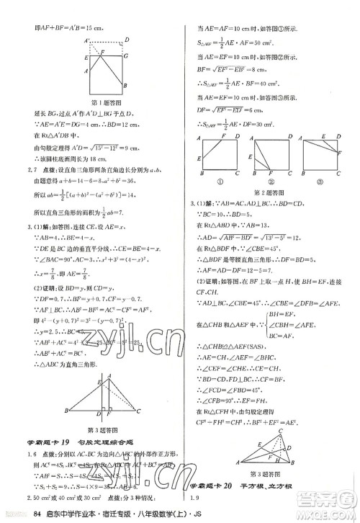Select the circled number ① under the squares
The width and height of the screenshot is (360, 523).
click(220, 181)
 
